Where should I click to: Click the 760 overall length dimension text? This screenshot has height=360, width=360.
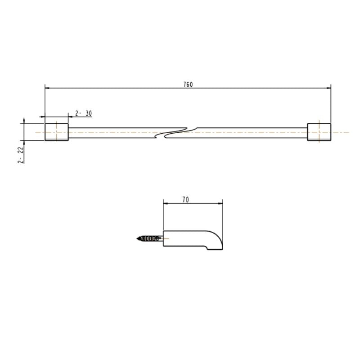click(x=188, y=85)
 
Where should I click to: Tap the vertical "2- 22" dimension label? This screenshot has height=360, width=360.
click(x=21, y=155)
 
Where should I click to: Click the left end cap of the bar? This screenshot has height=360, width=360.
click(x=56, y=132)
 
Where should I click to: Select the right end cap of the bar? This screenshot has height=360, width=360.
click(x=319, y=132)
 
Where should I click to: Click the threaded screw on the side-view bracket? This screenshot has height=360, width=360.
click(x=151, y=238)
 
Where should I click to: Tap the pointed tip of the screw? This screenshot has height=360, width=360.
click(x=136, y=238)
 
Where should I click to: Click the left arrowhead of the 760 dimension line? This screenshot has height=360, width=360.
click(x=47, y=88)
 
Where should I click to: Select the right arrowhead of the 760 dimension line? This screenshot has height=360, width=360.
click(x=328, y=88)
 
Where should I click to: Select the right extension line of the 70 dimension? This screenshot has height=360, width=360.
click(x=223, y=216)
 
